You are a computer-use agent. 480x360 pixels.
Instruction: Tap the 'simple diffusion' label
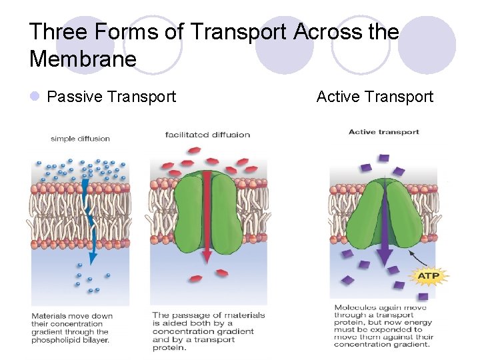tap(80, 139)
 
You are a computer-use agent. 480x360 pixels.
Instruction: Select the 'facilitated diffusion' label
tap(207, 135)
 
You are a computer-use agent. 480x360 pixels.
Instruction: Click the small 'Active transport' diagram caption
tap(383, 132)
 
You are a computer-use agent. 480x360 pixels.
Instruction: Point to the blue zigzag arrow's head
tap(93, 257)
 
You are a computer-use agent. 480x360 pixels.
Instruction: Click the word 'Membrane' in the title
tap(83, 59)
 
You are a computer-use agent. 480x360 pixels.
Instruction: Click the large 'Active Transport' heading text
tap(375, 97)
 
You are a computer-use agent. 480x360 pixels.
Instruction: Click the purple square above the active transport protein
tap(383, 159)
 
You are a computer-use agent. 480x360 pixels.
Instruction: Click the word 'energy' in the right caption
tap(417, 323)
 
